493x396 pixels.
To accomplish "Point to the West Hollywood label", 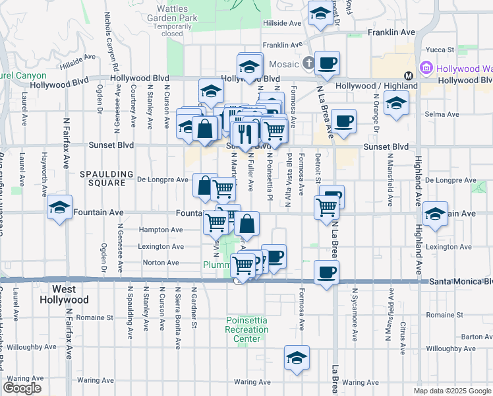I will point(70,294).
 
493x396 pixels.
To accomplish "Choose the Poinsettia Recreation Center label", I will point(246,329).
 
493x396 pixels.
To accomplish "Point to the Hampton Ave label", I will point(161,230).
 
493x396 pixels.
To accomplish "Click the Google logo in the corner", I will point(22,388).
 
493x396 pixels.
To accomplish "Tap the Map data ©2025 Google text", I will point(452,391).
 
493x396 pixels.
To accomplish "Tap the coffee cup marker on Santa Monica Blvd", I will point(326,272).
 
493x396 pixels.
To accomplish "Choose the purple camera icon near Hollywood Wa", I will point(427,69).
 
